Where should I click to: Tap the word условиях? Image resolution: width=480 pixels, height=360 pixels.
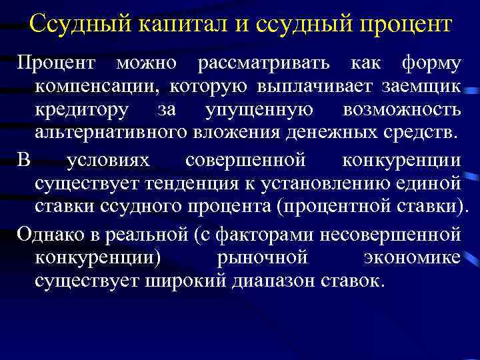pyautogui.click(x=109, y=161)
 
